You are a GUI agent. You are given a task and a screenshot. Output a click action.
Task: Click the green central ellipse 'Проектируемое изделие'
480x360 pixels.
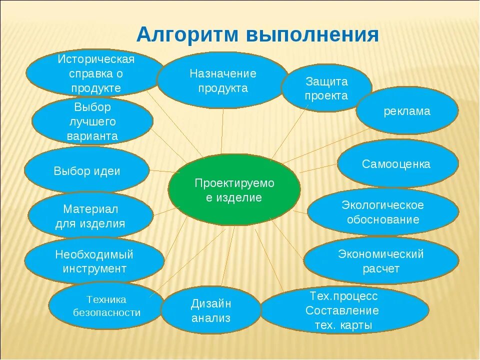234,190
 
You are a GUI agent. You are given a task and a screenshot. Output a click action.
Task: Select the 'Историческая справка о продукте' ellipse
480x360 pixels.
96,73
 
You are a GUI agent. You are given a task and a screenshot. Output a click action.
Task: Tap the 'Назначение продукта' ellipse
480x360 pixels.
222,80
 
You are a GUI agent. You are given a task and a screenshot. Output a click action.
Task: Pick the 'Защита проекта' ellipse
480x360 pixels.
326,88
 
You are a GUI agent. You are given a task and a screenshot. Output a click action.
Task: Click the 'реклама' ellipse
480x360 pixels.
406,111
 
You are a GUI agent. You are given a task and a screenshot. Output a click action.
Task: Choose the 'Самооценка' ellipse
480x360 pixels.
397,164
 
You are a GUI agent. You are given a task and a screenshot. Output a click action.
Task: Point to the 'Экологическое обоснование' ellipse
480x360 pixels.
382,212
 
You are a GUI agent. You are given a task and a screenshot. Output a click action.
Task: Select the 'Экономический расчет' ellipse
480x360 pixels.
381,261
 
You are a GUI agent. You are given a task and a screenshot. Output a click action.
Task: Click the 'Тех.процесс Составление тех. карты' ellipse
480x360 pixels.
344,310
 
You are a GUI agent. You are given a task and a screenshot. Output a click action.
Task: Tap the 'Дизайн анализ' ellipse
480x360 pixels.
210,310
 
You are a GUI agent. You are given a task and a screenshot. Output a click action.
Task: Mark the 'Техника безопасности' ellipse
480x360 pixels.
106,306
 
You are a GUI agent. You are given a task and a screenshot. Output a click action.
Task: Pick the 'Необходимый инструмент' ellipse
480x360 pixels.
94,261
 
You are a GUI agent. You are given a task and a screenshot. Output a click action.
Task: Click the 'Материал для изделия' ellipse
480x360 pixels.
90,216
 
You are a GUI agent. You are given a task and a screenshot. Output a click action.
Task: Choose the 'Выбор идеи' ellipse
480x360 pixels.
86,170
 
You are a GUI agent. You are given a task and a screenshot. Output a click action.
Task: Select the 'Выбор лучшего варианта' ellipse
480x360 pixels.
92,121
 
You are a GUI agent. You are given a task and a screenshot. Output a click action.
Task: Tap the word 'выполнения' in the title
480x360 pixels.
313,36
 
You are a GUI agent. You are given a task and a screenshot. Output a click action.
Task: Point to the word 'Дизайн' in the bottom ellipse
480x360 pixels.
211,303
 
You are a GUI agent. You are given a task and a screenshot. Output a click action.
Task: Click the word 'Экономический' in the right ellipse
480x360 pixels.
381,254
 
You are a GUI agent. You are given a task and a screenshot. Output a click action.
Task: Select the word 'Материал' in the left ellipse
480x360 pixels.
90,208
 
